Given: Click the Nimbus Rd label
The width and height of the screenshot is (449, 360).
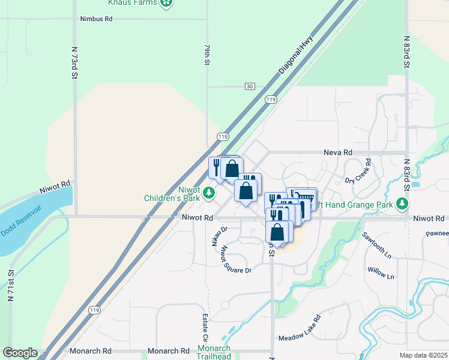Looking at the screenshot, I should (x=97, y=19).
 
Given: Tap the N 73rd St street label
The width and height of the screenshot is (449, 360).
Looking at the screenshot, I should (x=75, y=63).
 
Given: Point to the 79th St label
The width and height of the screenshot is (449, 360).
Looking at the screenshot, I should (x=207, y=53).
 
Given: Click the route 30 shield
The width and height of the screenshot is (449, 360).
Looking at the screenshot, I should (x=250, y=86).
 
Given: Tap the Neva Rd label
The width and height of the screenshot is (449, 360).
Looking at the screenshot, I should (x=338, y=153).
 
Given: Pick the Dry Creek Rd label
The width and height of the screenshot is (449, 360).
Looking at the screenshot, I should (x=358, y=172).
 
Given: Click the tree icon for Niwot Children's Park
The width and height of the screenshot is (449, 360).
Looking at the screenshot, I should (x=209, y=193).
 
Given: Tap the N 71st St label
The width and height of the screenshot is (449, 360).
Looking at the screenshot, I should (x=11, y=286).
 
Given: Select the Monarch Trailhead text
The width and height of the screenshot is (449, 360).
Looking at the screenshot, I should (x=214, y=352).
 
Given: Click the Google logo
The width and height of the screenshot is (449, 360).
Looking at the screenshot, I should (x=20, y=353).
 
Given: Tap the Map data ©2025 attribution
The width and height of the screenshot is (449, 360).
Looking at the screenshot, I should (x=424, y=355).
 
